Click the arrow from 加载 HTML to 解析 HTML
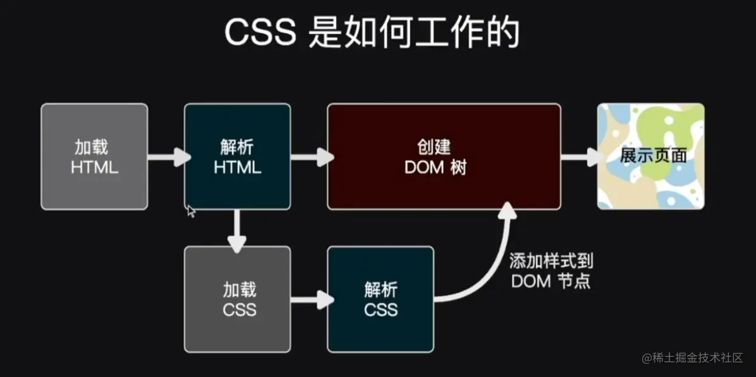pyautogui.click(x=168, y=157)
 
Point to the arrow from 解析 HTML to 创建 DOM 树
pyautogui.click(x=311, y=157)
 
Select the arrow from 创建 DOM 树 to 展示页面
pyautogui.click(x=580, y=157)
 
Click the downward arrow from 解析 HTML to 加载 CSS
pyautogui.click(x=237, y=231)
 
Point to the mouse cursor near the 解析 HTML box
pyautogui.click(x=190, y=210)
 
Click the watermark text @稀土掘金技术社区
pyautogui.click(x=692, y=358)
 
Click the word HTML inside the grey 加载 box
pyautogui.click(x=94, y=168)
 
